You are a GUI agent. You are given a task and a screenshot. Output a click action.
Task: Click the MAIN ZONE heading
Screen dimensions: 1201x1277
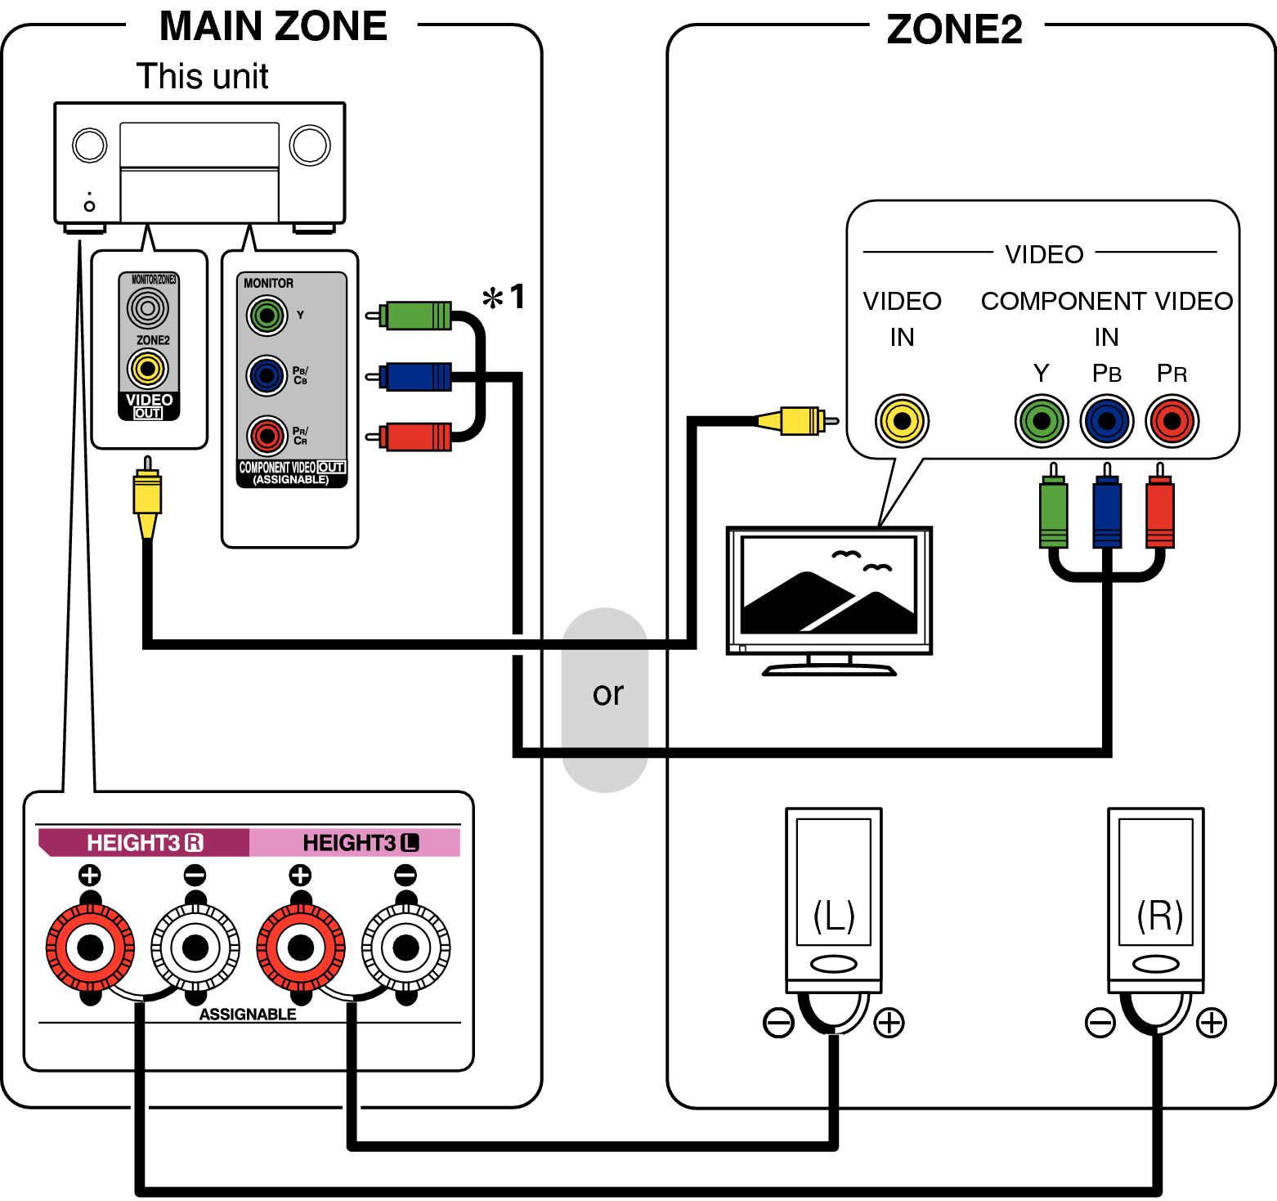[x=273, y=26]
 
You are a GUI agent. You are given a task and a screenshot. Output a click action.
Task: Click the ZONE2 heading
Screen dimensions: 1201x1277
[x=954, y=29]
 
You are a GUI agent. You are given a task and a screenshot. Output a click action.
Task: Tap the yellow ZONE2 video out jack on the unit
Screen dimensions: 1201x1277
[x=148, y=369]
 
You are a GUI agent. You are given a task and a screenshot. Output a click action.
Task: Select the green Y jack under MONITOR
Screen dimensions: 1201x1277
[x=267, y=316]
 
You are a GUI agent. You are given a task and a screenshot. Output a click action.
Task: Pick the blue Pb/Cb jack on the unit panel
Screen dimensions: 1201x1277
[x=267, y=376]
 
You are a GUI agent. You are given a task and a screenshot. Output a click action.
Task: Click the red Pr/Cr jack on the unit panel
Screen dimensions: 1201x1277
[x=267, y=436]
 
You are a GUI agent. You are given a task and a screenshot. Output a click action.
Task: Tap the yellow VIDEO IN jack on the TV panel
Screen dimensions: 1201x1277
[x=902, y=421]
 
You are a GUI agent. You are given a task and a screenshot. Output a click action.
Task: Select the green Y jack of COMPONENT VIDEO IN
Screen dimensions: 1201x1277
[x=1042, y=421]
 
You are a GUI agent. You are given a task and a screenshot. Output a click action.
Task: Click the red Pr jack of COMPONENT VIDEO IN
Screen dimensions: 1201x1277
[x=1172, y=421]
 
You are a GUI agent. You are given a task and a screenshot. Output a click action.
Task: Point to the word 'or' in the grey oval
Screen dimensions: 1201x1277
[x=607, y=694]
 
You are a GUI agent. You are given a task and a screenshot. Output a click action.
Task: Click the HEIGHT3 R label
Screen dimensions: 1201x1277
[x=144, y=843]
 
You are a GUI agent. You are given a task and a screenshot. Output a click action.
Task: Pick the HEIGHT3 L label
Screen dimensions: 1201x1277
[x=360, y=843]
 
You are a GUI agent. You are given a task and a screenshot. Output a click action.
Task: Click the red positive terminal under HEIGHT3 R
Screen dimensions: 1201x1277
[x=90, y=948]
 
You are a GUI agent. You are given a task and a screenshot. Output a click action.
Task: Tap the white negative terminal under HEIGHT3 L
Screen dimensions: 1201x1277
[x=406, y=948]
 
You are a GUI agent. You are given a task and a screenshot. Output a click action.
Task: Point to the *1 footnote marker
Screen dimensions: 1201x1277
[x=504, y=297]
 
